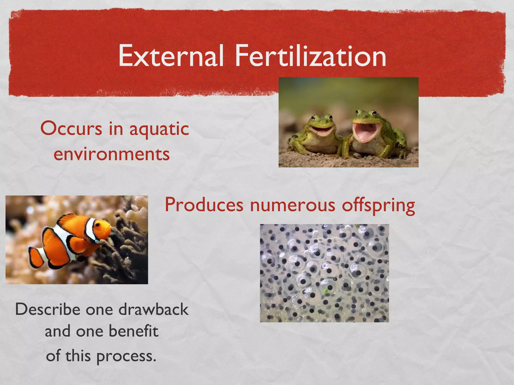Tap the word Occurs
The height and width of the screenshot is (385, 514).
click(x=71, y=129)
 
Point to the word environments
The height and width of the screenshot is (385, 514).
click(x=112, y=154)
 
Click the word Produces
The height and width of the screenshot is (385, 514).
click(x=204, y=205)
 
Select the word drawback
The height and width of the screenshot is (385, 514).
click(x=153, y=309)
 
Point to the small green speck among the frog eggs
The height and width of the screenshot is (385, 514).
click(x=326, y=291)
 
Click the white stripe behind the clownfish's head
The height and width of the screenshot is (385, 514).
click(x=90, y=229)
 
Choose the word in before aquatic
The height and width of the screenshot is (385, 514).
click(x=116, y=129)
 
